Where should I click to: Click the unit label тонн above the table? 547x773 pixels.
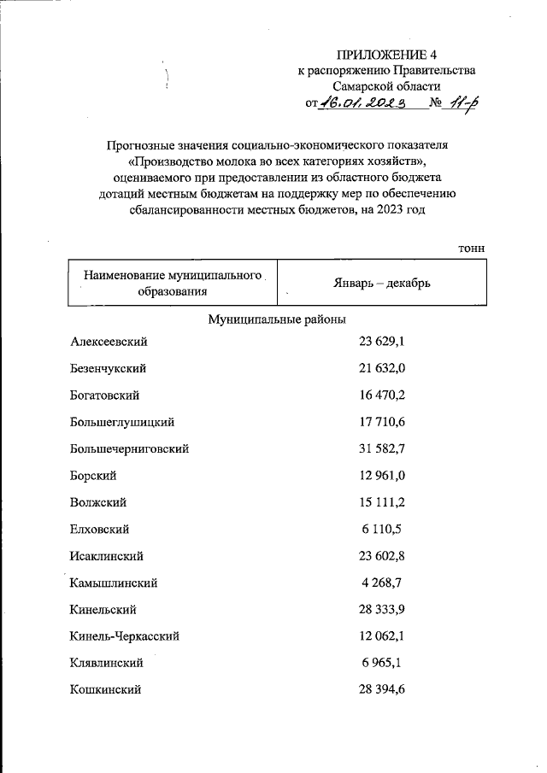(x=471, y=247)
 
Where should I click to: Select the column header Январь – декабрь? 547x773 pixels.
(x=381, y=283)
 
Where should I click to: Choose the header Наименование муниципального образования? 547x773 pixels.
(x=172, y=284)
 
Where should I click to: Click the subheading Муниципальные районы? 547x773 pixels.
(x=277, y=319)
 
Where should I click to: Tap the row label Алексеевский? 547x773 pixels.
(x=109, y=342)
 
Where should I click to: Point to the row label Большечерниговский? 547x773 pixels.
(x=129, y=448)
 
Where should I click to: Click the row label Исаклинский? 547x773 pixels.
(x=106, y=555)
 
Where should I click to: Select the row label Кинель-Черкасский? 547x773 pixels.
(x=125, y=635)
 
